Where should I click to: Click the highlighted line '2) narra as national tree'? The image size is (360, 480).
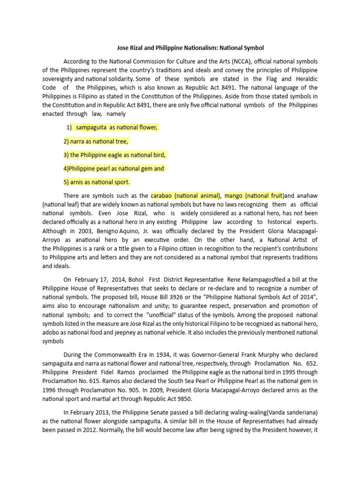[96, 141]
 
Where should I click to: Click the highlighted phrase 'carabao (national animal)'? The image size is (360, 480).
[185, 195]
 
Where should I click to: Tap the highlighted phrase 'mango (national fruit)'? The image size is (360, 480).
[254, 195]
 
